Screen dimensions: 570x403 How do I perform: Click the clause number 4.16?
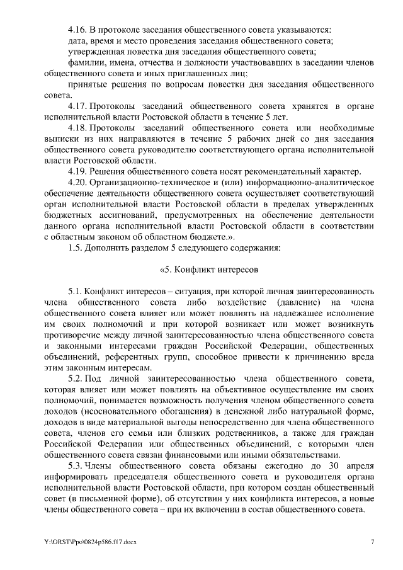pyautogui.click(x=76, y=30)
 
